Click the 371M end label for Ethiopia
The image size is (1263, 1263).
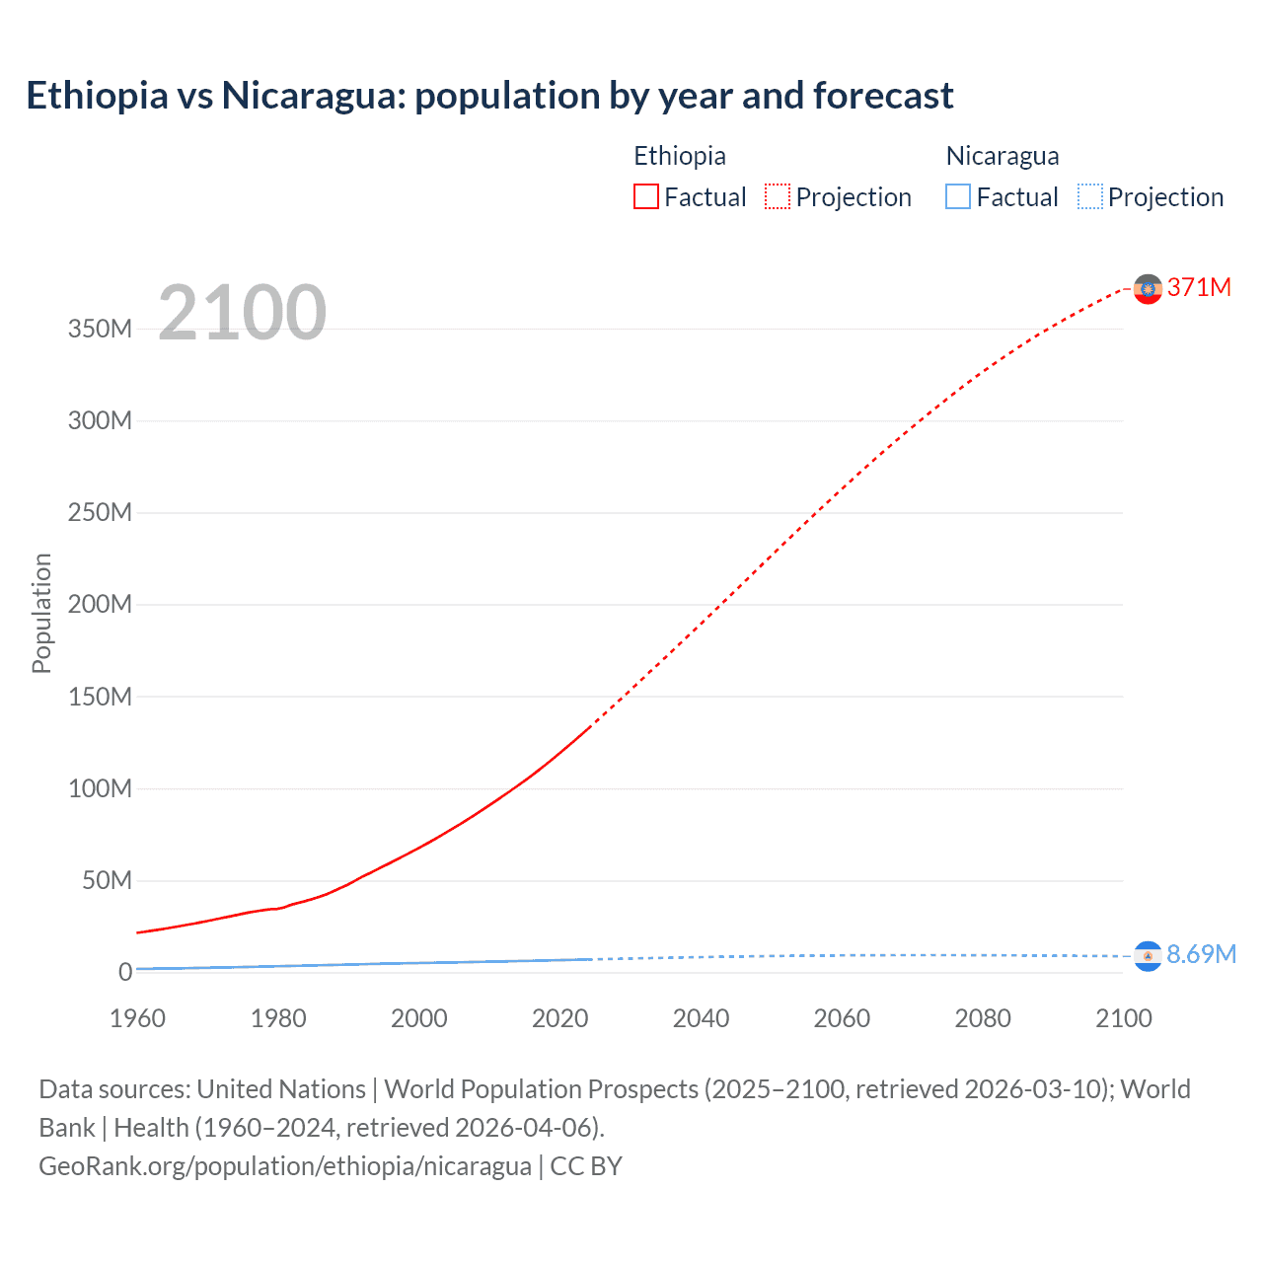(x=1199, y=287)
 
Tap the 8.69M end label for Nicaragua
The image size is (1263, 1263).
(x=1201, y=954)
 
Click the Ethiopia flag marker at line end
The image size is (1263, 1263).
(x=1148, y=288)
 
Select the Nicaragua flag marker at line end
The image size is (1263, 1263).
(x=1148, y=955)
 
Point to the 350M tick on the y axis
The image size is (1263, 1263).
(x=100, y=329)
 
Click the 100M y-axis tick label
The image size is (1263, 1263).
(x=100, y=788)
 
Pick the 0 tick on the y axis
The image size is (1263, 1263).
(x=125, y=972)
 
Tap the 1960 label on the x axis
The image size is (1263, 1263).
(x=137, y=1018)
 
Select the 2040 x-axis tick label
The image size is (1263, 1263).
(x=701, y=1018)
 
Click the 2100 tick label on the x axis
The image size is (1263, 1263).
(x=1123, y=1018)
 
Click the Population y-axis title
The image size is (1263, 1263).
(x=41, y=613)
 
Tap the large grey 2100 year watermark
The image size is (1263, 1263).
(x=242, y=313)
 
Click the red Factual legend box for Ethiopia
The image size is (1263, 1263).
(x=645, y=196)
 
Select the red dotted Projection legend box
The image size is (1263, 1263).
(x=778, y=196)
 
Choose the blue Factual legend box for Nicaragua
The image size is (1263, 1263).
(x=958, y=196)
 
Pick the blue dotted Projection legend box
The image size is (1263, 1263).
(x=1090, y=196)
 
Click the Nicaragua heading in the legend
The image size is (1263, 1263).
(x=1003, y=156)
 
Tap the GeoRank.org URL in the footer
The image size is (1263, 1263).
(x=285, y=1165)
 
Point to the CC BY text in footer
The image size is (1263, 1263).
(x=586, y=1165)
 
